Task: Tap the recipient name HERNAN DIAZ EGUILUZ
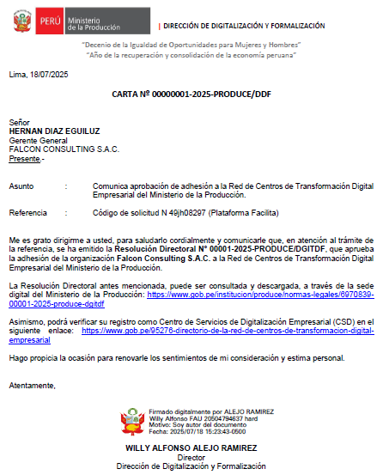(x=54, y=131)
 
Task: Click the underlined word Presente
(x=25, y=159)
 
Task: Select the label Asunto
(x=21, y=186)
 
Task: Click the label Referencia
(x=27, y=212)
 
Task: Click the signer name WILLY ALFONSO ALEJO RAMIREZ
(x=191, y=448)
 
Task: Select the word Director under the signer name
(x=191, y=457)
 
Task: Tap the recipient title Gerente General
(x=38, y=140)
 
